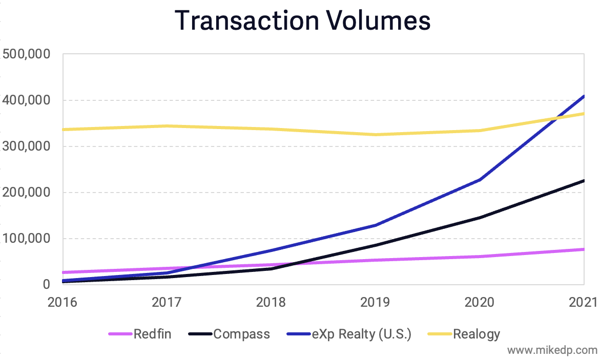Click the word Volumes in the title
pos(378,20)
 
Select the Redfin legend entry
pos(140,334)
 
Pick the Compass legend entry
pos(229,334)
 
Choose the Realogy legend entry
pos(464,334)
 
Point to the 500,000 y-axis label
pos(26,54)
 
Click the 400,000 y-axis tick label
pos(26,100)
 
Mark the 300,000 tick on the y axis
pos(26,146)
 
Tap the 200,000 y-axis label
pos(26,192)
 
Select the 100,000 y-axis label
pos(26,238)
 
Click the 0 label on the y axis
pos(47,284)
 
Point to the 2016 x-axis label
pos(63,302)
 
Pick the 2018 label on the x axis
pos(271,302)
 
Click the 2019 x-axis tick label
pos(375,302)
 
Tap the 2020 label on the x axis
pos(480,302)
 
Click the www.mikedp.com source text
pos(552,350)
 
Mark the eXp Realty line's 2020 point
pos(480,180)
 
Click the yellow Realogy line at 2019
pos(375,135)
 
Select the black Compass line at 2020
pos(480,218)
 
